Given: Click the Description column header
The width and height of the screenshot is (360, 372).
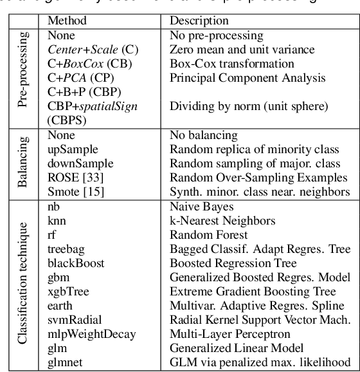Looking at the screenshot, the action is tap(204, 21).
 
